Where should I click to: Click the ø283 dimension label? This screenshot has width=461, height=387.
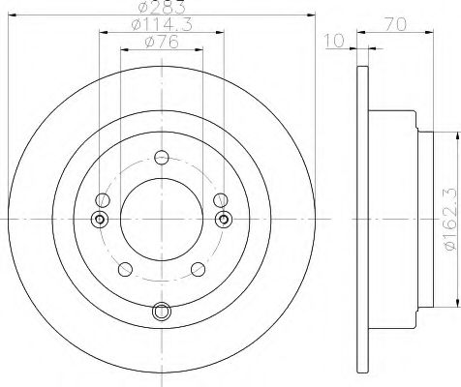pos(162,7)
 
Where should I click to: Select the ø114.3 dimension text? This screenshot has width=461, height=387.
pos(162,24)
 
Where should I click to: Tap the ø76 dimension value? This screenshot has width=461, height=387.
pos(162,42)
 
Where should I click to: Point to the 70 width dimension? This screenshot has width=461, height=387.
pos(395,24)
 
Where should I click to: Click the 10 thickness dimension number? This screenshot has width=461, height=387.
pos(334,42)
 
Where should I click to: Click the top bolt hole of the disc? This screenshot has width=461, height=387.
pos(162,158)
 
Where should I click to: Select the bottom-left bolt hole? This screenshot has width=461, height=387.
pos(125,269)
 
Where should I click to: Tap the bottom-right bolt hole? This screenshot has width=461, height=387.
pos(199,269)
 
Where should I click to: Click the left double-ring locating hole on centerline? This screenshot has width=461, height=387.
pos(100,220)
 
